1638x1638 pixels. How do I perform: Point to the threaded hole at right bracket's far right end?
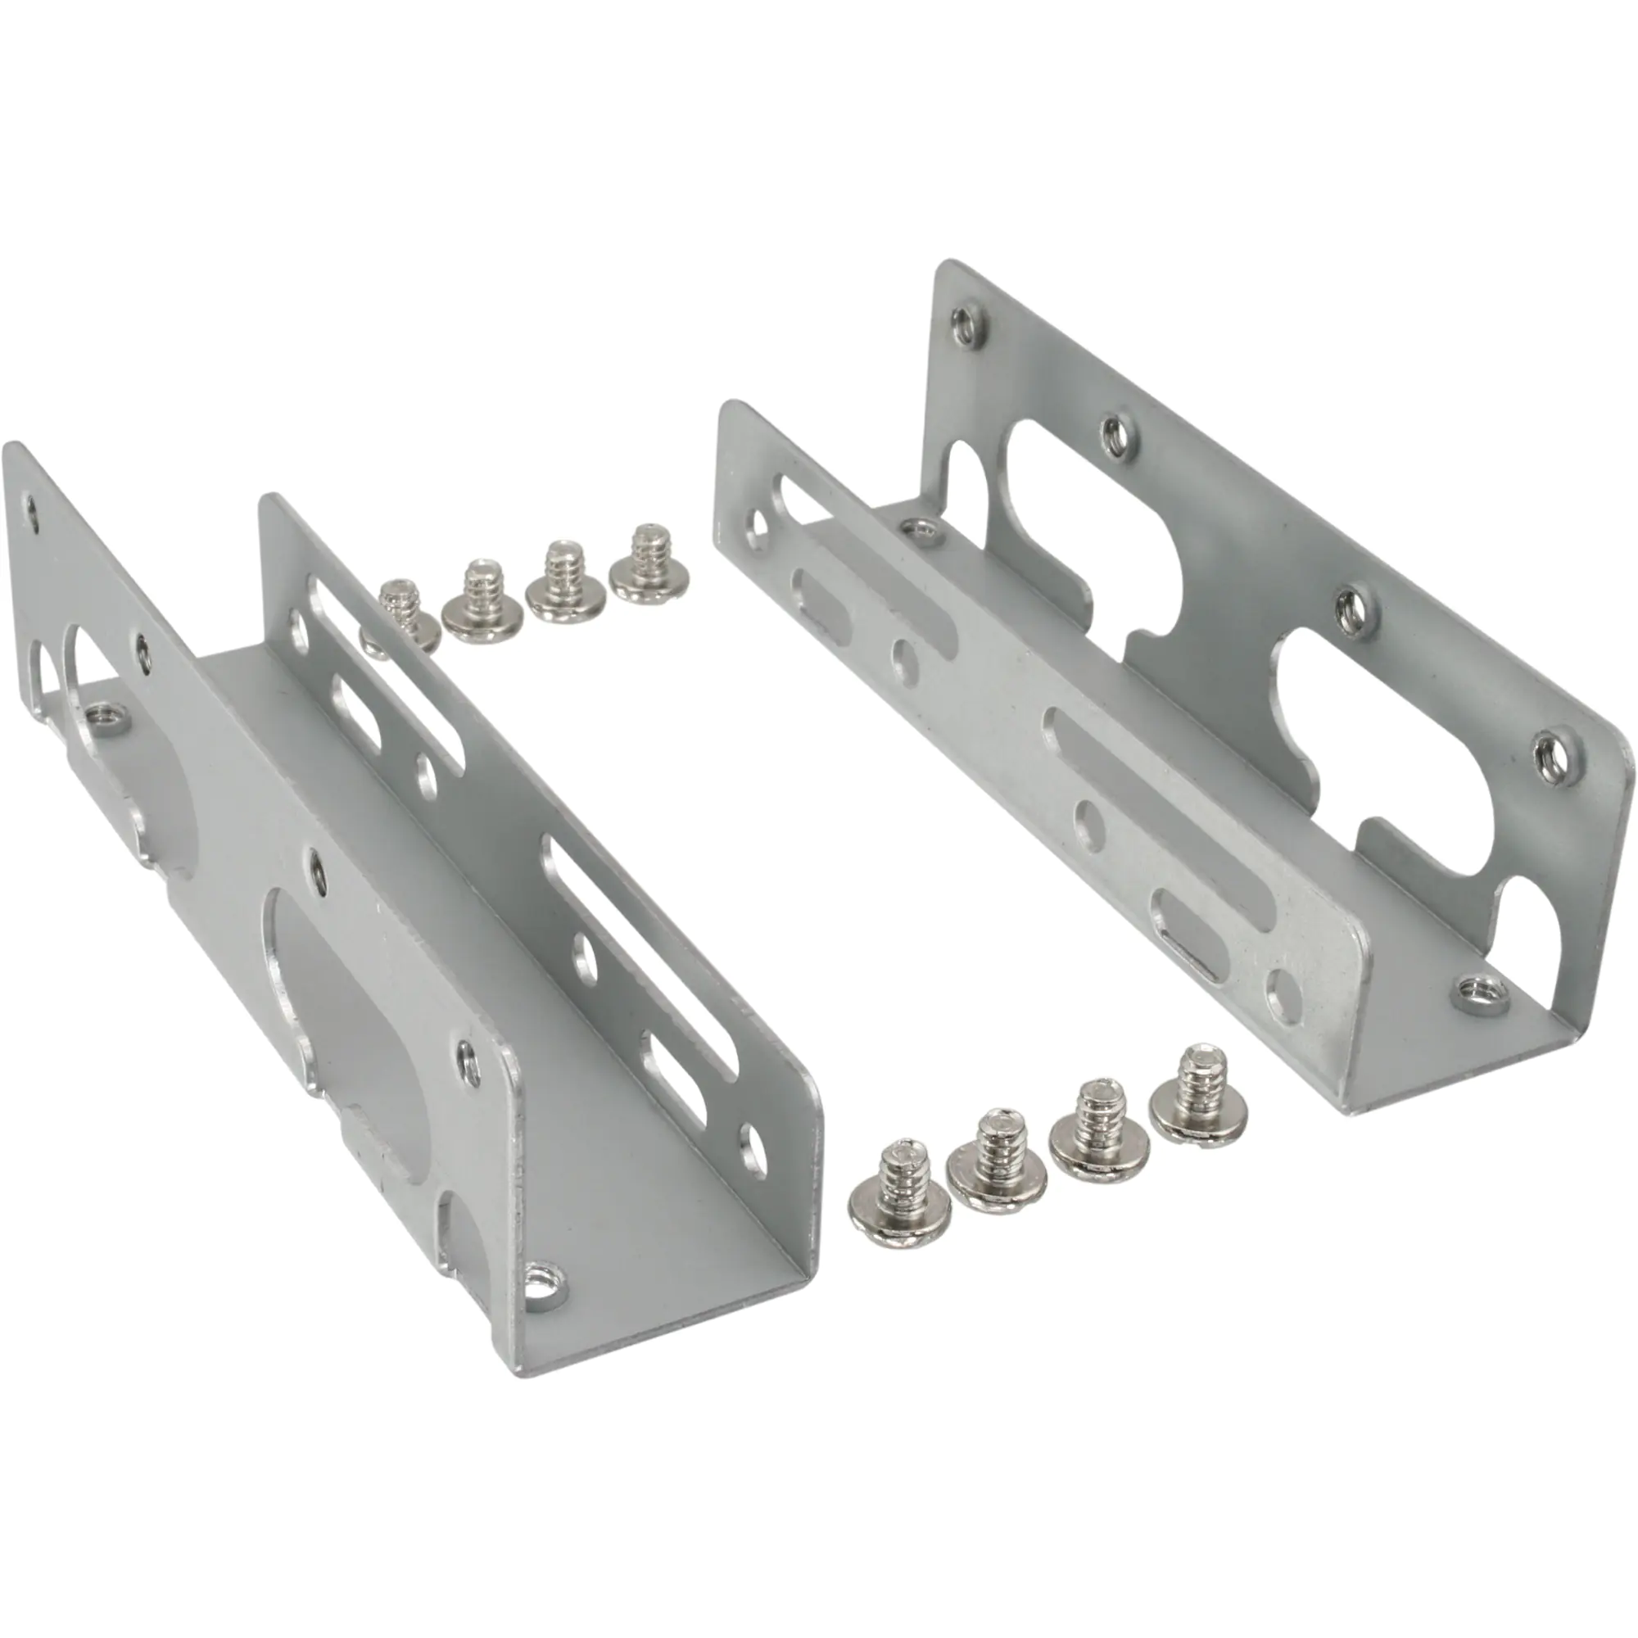[x=1550, y=750]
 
